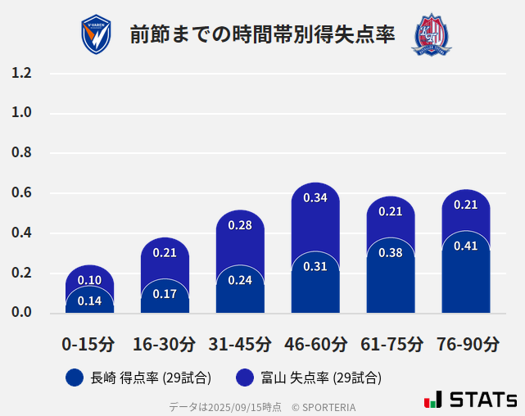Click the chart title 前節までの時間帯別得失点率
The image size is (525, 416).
(262, 34)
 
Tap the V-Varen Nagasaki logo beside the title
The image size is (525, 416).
(96, 34)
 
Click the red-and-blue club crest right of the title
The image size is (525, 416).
(431, 34)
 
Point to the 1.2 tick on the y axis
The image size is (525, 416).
(22, 73)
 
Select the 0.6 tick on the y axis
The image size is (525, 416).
(22, 193)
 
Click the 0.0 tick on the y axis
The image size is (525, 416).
(22, 313)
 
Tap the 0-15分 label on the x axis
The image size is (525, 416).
(89, 344)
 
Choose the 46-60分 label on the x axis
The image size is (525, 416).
(315, 344)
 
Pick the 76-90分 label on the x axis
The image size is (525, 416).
(467, 344)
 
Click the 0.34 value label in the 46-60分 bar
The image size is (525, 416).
(315, 197)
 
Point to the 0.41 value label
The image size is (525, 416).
(465, 246)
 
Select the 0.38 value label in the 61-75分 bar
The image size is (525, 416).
(391, 252)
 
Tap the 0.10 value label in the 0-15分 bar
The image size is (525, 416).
(89, 281)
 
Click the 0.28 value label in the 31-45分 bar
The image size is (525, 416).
(240, 225)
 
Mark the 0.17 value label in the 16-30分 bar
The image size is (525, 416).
(165, 293)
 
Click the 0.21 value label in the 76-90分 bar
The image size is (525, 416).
(465, 205)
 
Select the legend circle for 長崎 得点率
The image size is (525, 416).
(75, 378)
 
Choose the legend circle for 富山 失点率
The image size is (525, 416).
(244, 378)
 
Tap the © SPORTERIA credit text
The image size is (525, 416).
(324, 406)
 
